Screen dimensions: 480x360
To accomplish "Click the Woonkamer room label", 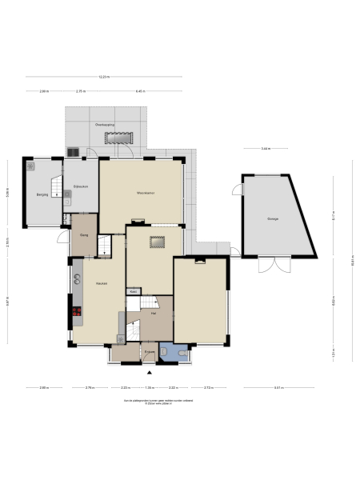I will (x=145, y=193).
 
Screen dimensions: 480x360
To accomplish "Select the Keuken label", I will (x=102, y=284).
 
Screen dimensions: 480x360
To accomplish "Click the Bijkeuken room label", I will (x=80, y=186).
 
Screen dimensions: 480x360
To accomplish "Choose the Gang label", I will (x=83, y=235).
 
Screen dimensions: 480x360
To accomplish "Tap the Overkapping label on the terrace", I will (x=104, y=126).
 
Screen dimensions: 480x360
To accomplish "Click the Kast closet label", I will (x=134, y=292).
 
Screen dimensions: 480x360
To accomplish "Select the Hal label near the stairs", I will (x=153, y=314).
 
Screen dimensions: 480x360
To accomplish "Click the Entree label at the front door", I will (x=149, y=351).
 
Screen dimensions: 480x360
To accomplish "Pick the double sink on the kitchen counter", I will (x=78, y=280).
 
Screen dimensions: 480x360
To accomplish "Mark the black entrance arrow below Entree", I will (x=149, y=371).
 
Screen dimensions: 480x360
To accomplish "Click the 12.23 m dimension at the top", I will (x=104, y=77).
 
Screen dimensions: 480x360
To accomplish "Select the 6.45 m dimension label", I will (x=141, y=91).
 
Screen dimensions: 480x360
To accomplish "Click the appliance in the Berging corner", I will (x=32, y=167).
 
